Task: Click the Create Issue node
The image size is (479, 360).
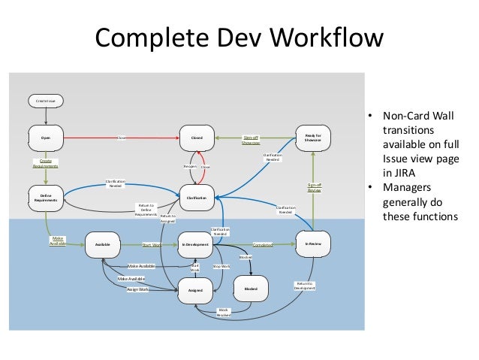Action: tap(47, 99)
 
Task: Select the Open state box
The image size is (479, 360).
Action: tap(47, 138)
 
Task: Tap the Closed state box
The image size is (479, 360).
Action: tap(197, 138)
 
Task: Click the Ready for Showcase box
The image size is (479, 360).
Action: tap(313, 138)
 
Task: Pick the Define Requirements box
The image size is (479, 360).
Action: tap(47, 198)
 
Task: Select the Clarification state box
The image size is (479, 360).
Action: tap(197, 198)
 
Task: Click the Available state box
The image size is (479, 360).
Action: tap(102, 244)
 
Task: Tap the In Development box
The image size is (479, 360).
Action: tap(197, 244)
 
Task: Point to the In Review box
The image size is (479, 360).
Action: tap(313, 244)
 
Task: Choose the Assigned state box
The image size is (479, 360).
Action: tap(197, 289)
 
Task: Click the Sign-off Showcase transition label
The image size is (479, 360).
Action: tap(251, 141)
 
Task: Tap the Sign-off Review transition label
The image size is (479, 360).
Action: tap(313, 187)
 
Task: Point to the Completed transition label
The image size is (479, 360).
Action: tap(263, 244)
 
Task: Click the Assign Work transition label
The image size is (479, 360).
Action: tap(137, 289)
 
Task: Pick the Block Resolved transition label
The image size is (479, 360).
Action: tap(224, 312)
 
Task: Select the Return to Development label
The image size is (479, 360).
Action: tap(304, 286)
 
